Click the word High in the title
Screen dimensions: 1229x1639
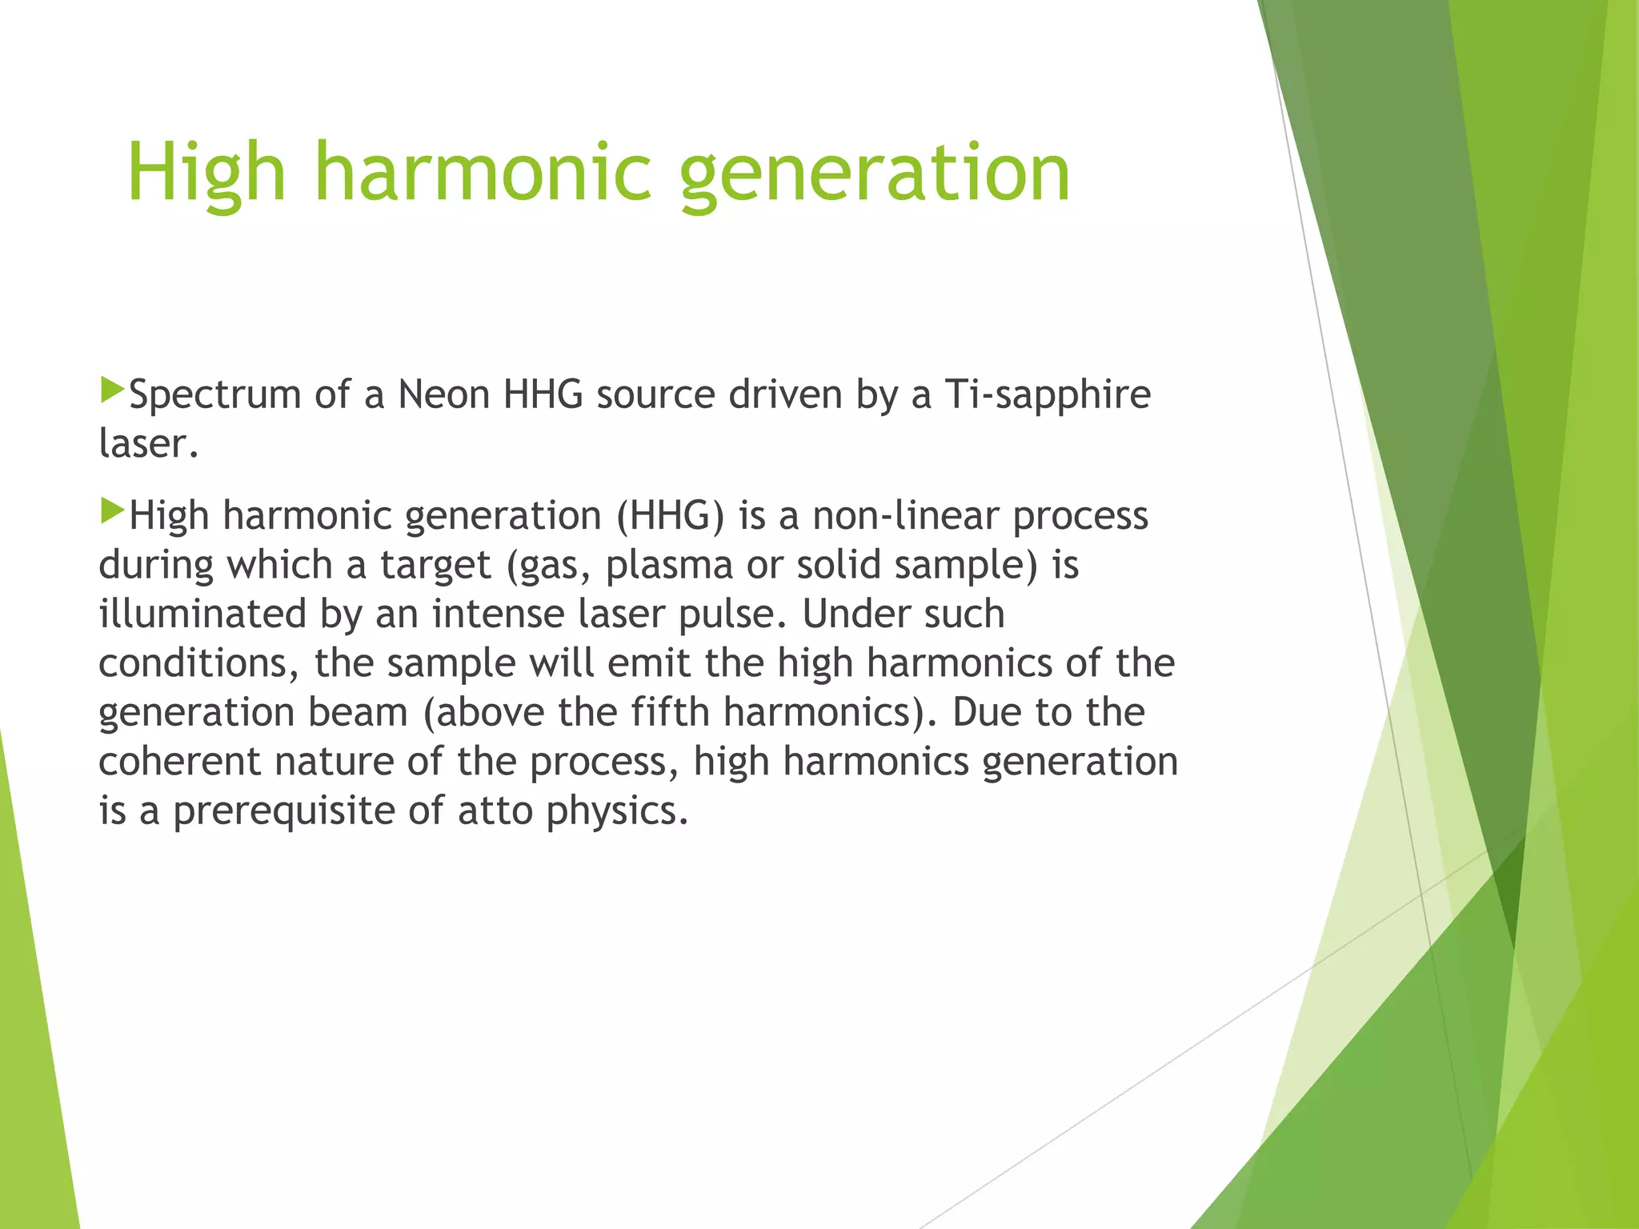pyautogui.click(x=206, y=172)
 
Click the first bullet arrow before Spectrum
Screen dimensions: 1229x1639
pyautogui.click(x=113, y=390)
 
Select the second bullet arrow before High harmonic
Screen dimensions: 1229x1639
pyautogui.click(x=113, y=511)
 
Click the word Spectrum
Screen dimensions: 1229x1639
pyautogui.click(x=214, y=394)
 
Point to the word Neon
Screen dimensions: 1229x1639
pyautogui.click(x=443, y=394)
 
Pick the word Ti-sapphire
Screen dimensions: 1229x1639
pyautogui.click(x=1048, y=394)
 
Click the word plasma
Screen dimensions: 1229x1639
pyautogui.click(x=669, y=565)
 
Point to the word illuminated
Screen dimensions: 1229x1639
pyautogui.click(x=202, y=614)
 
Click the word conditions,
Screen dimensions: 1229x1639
pyautogui.click(x=199, y=663)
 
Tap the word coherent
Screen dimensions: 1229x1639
pyautogui.click(x=179, y=761)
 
